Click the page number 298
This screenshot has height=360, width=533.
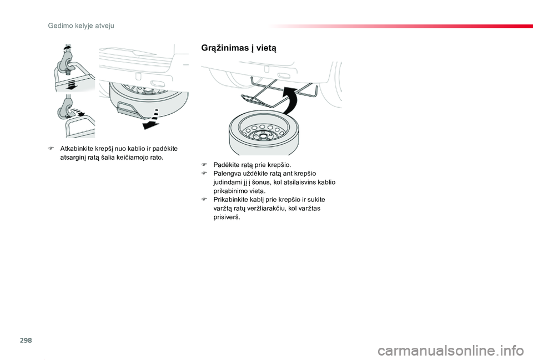coord(26,340)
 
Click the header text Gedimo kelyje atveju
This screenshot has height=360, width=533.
coord(81,26)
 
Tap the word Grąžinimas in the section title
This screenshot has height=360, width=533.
coord(225,48)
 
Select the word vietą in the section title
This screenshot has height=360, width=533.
coord(266,48)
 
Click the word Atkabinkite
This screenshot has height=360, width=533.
coord(76,149)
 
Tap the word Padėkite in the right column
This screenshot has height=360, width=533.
coord(225,165)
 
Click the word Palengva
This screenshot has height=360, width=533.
coord(227,174)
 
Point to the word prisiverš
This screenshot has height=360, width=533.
coord(227,217)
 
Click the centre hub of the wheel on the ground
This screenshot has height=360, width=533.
coord(263,136)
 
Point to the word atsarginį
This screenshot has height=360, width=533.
coord(72,158)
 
